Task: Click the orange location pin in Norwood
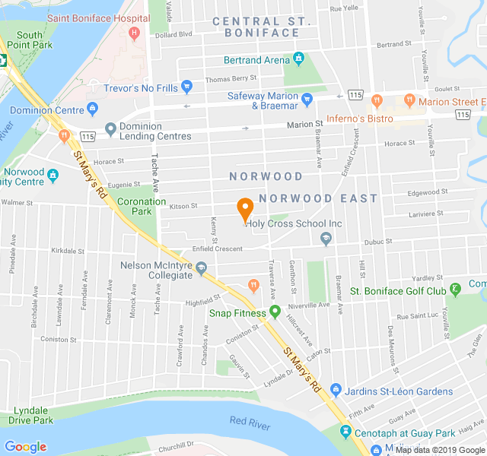(245, 208)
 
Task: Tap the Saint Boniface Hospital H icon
(135, 33)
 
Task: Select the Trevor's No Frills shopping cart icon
(187, 88)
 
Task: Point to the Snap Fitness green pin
(275, 312)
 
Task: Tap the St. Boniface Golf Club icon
(455, 290)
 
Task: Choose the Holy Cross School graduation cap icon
(326, 240)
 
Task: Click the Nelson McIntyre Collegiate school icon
(202, 269)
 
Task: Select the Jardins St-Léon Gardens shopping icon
(336, 391)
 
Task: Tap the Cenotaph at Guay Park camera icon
(345, 432)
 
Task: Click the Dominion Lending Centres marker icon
(110, 130)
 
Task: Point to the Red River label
(250, 423)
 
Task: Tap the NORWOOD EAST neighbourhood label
(318, 198)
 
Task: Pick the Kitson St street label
(183, 206)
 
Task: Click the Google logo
(25, 447)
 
